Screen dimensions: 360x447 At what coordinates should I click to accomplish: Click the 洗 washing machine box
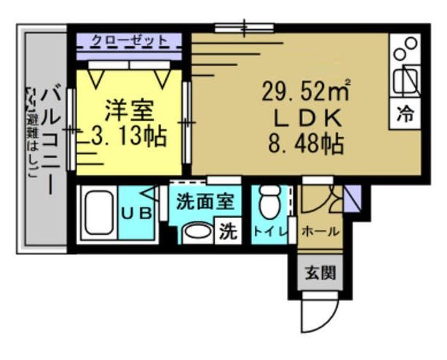(x=228, y=232)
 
